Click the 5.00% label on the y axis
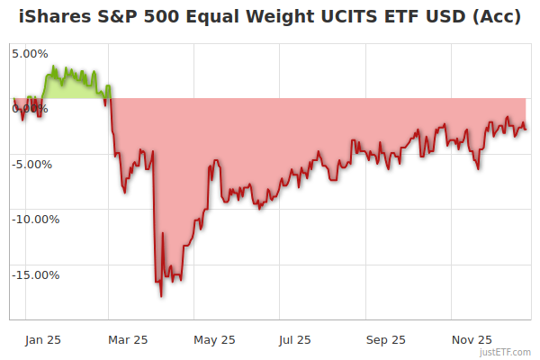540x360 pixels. (x=30, y=53)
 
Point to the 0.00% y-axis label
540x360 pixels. (x=30, y=108)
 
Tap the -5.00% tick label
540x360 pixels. (x=32, y=164)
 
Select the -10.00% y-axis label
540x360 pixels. (x=34, y=219)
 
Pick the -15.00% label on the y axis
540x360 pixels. (x=34, y=274)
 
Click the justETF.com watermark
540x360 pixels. (x=506, y=353)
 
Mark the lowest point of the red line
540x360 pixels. (x=161, y=296)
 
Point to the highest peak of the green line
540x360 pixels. (x=56, y=66)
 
